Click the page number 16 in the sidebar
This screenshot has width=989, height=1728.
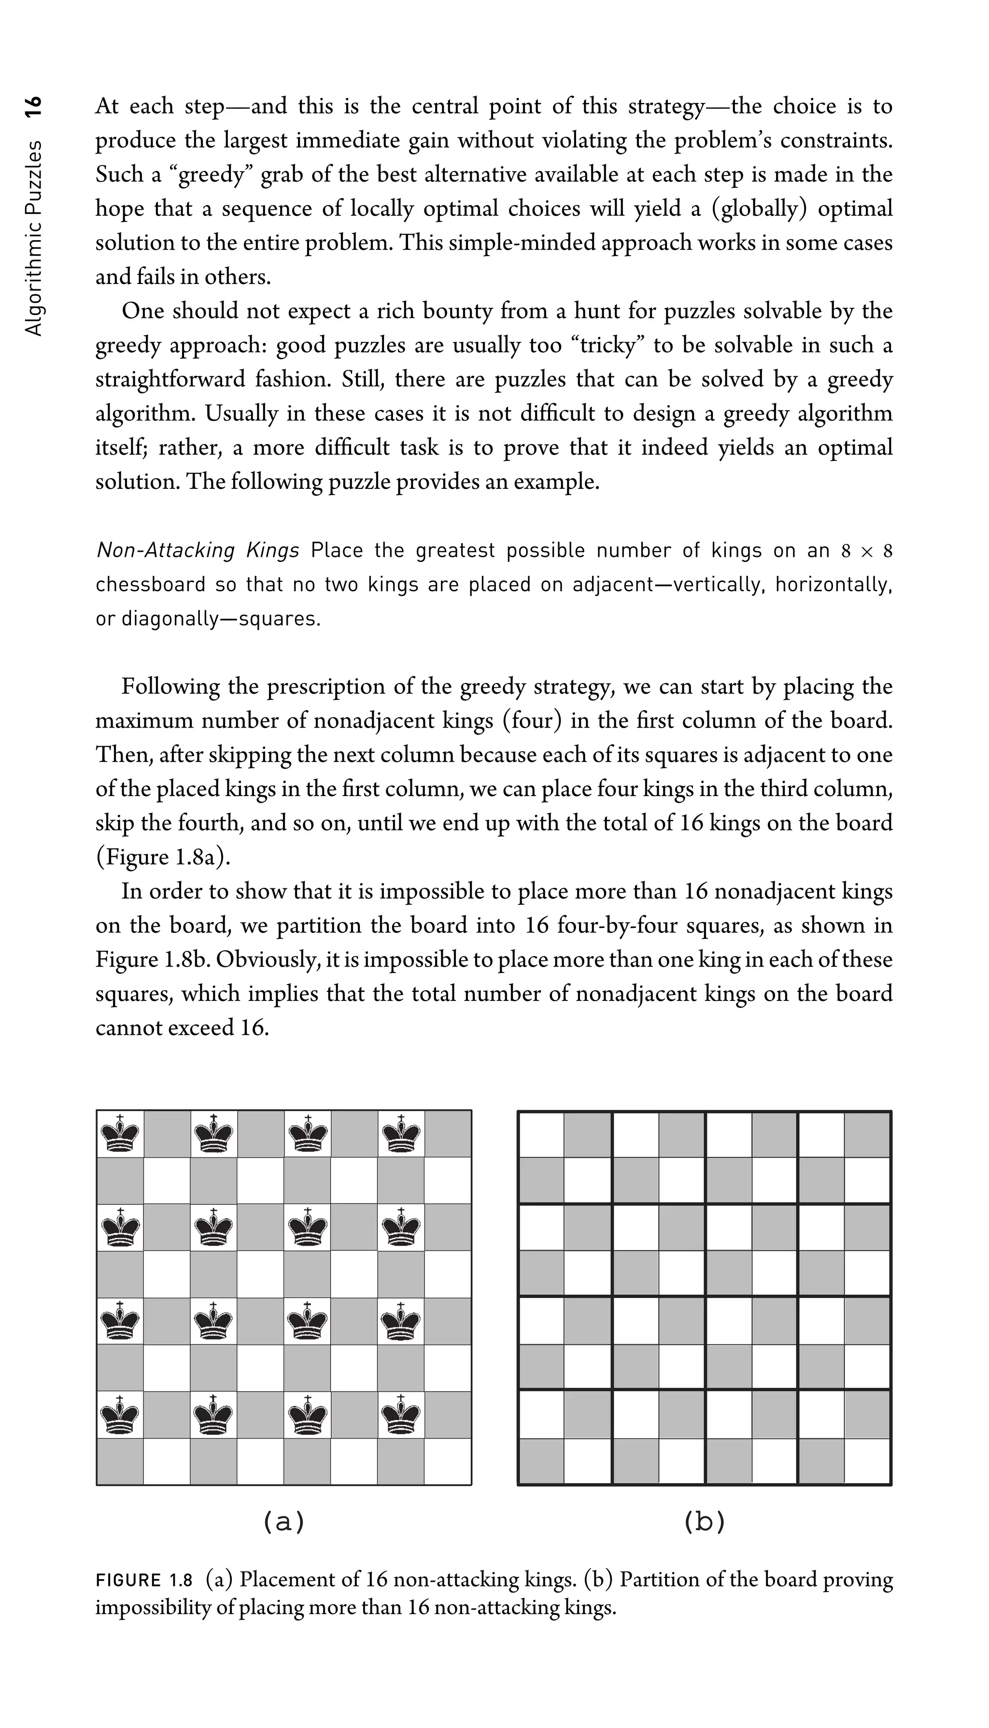tap(33, 107)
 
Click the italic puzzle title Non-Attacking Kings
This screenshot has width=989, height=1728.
tap(198, 550)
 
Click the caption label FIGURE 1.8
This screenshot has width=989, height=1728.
tap(144, 1580)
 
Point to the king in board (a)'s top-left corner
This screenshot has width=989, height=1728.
tap(120, 1133)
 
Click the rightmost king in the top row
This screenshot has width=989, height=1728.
tap(401, 1133)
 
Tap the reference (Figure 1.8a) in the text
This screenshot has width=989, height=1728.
tap(163, 857)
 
